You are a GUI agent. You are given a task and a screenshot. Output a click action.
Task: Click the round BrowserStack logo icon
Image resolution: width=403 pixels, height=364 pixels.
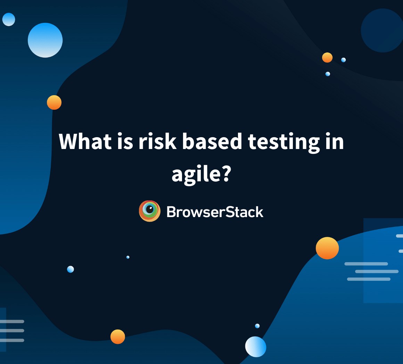coord(149,211)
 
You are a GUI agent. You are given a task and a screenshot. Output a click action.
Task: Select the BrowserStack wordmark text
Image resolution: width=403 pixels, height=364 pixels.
coord(215,212)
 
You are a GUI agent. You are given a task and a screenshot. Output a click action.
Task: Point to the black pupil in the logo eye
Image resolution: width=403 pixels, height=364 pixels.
coord(150,209)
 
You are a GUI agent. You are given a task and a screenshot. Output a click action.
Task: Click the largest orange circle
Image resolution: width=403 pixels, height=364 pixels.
coord(327,248)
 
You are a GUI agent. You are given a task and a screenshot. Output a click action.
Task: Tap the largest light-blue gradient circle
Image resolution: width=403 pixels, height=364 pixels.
coord(45,40)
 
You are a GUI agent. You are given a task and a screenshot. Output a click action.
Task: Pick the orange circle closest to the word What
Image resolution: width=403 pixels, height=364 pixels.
coord(54,102)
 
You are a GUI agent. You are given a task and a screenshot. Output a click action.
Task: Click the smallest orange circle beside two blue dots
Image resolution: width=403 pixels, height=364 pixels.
coord(327,58)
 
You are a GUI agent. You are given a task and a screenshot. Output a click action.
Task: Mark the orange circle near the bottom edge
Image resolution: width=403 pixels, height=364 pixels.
coord(118,337)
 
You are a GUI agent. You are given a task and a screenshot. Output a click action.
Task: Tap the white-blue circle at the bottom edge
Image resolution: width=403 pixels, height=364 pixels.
coord(256,347)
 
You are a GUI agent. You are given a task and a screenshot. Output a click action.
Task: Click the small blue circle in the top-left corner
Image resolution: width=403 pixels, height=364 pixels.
coord(9,19)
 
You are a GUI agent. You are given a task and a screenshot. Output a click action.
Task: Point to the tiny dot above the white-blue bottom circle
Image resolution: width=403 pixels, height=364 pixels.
coord(257,326)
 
